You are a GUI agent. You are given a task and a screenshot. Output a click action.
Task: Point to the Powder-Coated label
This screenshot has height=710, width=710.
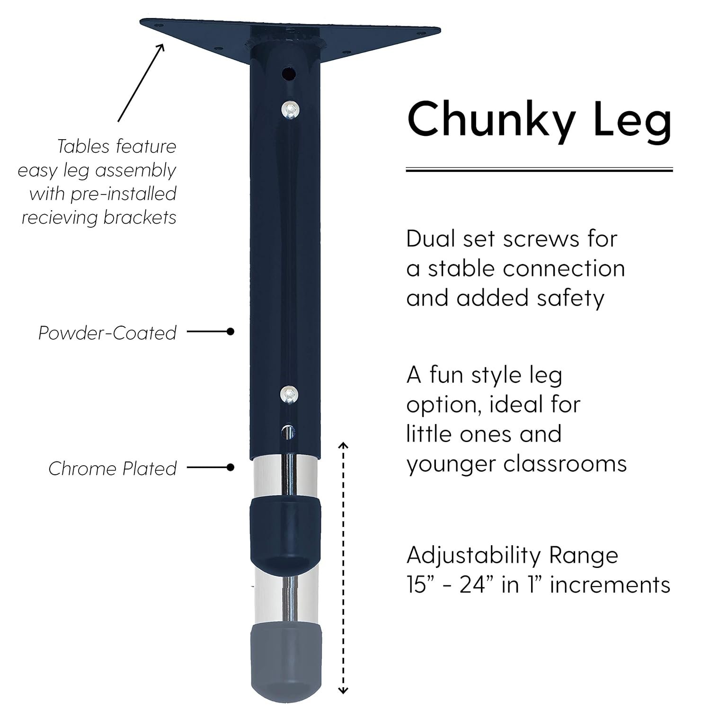click(107, 333)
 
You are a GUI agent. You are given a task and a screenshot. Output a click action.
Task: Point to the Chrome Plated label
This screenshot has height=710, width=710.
click(113, 469)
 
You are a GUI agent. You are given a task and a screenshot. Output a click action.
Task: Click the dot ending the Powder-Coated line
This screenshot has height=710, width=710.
click(231, 332)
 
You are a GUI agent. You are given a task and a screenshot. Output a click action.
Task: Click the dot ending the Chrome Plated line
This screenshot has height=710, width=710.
click(231, 468)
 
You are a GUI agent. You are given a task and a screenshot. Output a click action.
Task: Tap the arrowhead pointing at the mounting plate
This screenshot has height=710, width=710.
click(161, 48)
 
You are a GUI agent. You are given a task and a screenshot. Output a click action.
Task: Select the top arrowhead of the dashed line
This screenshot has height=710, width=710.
click(344, 445)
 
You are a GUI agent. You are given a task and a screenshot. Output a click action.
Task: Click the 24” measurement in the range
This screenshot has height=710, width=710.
click(476, 585)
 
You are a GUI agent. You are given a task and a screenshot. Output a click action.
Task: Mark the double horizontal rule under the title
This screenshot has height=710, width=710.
click(540, 169)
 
